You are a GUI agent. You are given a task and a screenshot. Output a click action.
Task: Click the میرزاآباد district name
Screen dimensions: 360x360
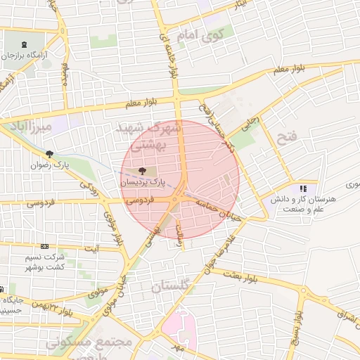click(27, 127)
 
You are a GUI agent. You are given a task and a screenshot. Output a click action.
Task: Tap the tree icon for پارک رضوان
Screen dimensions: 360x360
click(49, 154)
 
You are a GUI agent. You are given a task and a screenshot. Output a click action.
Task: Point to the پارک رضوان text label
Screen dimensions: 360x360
click(47, 165)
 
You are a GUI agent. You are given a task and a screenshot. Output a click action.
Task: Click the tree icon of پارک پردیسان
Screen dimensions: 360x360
click(143, 170)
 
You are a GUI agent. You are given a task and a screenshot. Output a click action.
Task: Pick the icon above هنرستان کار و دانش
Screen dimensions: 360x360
click(303, 188)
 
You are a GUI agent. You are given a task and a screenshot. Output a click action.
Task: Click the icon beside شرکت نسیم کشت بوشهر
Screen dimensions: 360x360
click(46, 247)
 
